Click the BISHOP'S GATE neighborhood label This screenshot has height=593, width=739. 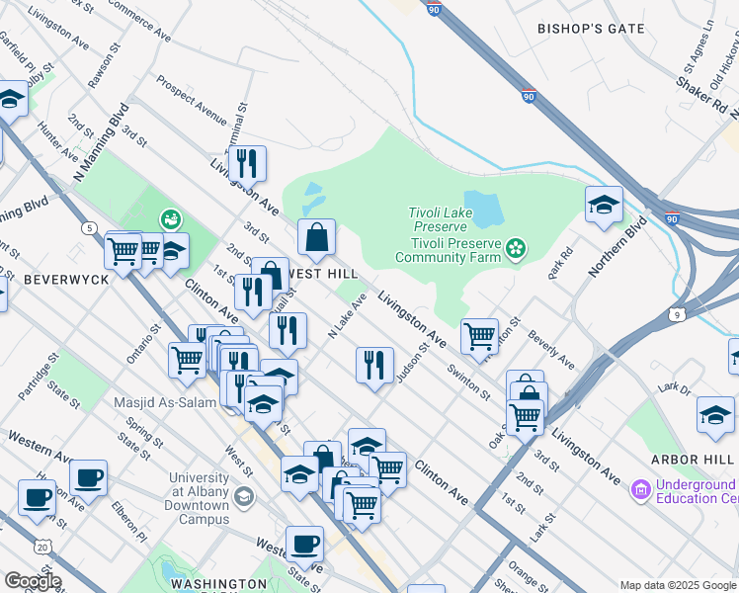click(590, 29)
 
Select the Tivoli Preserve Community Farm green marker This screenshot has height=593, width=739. click(514, 249)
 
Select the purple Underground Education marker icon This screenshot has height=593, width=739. click(639, 489)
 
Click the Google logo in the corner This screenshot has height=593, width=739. click(32, 581)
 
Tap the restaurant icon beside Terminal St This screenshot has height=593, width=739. click(247, 163)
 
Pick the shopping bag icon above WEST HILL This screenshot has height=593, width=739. click(316, 237)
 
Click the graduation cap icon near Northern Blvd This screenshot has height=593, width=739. click(604, 205)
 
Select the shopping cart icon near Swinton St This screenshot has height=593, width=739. click(479, 335)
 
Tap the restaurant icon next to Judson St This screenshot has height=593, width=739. click(374, 365)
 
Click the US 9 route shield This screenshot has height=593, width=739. click(677, 314)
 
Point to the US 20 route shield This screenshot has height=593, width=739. click(41, 546)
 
